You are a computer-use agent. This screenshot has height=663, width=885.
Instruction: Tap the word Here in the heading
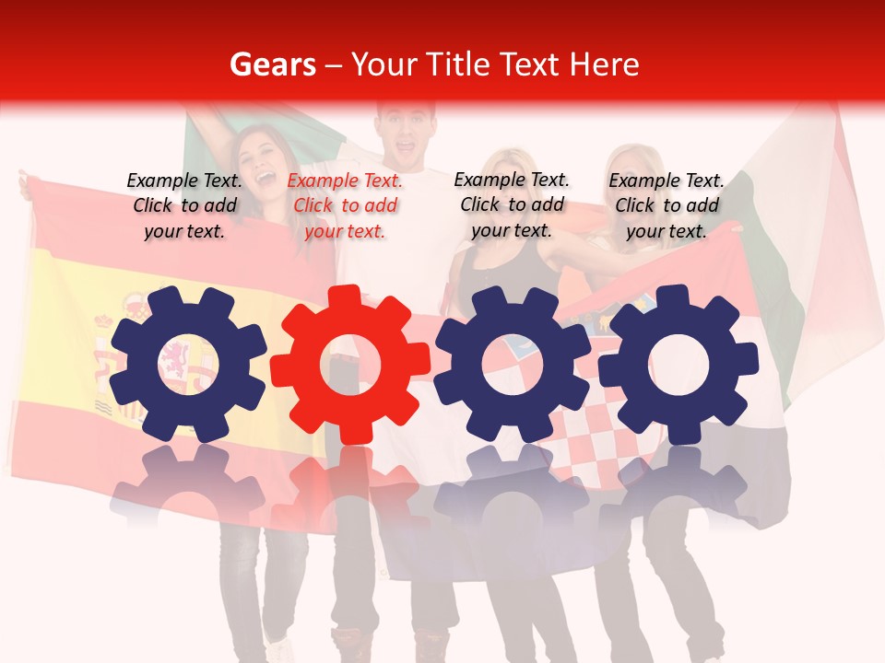(x=604, y=64)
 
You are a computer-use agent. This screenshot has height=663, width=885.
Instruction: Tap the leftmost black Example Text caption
(x=184, y=206)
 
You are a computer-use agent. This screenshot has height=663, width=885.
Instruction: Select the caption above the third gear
(x=512, y=205)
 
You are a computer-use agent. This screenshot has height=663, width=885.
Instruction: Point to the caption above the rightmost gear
(x=667, y=206)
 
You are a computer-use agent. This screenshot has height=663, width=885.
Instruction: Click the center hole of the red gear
(x=350, y=365)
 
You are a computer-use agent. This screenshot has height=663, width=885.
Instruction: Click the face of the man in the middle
(x=406, y=134)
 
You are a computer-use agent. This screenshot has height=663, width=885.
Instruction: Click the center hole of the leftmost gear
(x=187, y=365)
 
